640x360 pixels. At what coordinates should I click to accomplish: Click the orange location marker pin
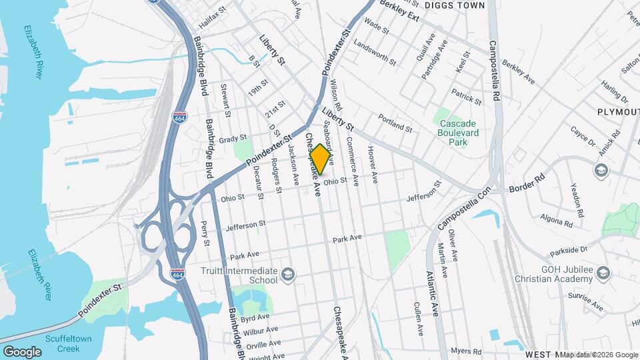(320, 159)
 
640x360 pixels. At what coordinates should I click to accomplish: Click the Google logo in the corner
(22, 351)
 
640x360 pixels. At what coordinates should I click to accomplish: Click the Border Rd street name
(527, 184)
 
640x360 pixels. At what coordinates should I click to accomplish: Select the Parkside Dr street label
(569, 251)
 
